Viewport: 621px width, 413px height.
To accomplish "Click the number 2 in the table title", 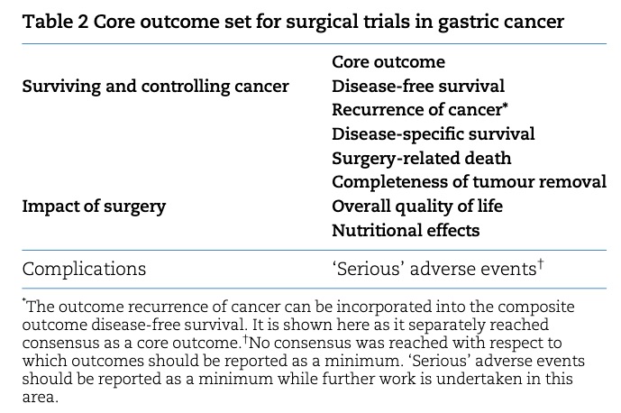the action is click(82, 22).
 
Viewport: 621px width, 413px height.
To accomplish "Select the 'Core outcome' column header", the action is click(388, 62).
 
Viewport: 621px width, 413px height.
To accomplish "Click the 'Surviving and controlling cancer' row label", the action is click(156, 87).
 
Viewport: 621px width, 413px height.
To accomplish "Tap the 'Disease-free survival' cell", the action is click(418, 86).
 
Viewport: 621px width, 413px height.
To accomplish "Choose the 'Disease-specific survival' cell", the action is click(434, 134).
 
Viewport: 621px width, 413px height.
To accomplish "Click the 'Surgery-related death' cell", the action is click(422, 159).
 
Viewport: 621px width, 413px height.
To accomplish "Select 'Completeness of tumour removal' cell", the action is click(469, 182).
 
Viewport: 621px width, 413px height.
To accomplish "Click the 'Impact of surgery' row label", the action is click(94, 206).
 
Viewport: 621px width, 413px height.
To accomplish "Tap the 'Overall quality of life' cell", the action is click(417, 206).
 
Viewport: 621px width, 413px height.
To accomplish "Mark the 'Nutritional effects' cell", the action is click(406, 230).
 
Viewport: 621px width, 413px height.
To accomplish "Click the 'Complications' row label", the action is click(84, 269).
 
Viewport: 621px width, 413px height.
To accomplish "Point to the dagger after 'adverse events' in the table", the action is click(541, 264).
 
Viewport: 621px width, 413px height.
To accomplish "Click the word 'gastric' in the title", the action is click(461, 23).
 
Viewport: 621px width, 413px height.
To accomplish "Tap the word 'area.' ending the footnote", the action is click(41, 397).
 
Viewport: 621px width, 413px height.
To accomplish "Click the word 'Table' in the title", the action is click(48, 22).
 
